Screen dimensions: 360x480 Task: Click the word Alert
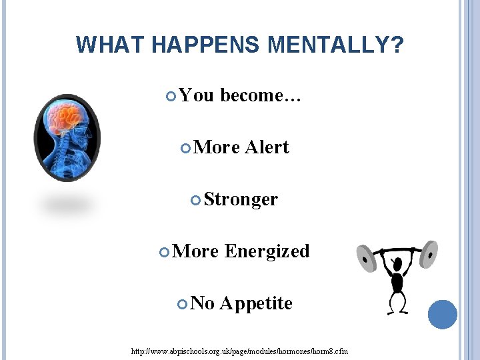(267, 147)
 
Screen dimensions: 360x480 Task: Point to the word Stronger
(241, 199)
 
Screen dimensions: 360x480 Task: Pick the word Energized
(267, 251)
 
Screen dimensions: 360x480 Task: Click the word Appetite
(256, 303)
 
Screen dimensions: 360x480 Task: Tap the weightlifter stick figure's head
(397, 263)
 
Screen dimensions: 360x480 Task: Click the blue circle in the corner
(442, 314)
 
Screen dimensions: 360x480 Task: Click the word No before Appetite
(203, 303)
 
